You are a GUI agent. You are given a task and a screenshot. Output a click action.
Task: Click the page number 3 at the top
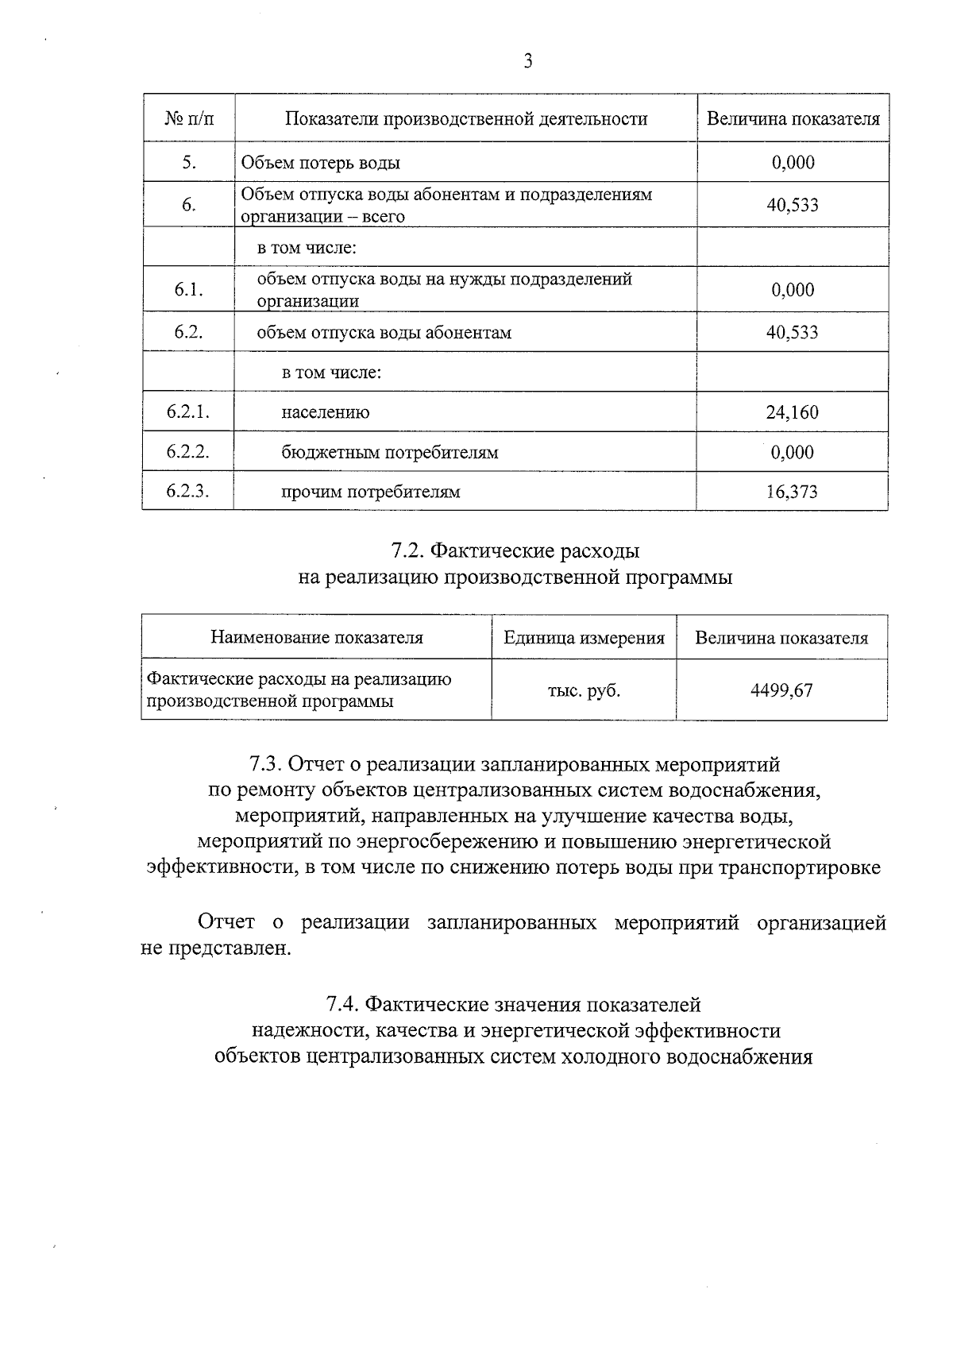click(528, 62)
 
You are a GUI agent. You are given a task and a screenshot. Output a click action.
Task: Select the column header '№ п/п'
click(189, 119)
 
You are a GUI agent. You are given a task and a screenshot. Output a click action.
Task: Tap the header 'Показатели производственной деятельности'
click(466, 119)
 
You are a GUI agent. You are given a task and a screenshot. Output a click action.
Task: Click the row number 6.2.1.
click(188, 411)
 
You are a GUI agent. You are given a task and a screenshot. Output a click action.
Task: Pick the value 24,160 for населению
click(792, 412)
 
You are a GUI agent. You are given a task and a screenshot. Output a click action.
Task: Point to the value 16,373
click(792, 492)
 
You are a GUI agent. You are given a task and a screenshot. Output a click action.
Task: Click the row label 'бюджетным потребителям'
click(389, 452)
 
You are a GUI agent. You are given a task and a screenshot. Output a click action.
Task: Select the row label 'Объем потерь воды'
click(320, 163)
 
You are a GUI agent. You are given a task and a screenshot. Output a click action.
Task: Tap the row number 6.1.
click(189, 289)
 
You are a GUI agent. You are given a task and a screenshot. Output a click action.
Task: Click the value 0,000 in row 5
click(793, 163)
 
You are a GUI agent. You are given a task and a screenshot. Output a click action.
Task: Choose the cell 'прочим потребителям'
click(370, 492)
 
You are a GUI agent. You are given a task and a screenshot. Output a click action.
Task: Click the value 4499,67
click(781, 690)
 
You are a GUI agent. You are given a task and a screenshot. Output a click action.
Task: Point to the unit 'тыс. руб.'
click(584, 690)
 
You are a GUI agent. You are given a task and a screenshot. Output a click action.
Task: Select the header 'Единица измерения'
click(584, 637)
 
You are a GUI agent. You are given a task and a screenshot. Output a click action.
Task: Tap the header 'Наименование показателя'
click(316, 637)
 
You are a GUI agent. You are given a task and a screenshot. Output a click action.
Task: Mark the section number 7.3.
click(266, 764)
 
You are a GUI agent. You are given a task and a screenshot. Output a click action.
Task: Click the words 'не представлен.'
click(216, 949)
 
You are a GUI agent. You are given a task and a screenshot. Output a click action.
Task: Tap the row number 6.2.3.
click(188, 491)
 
